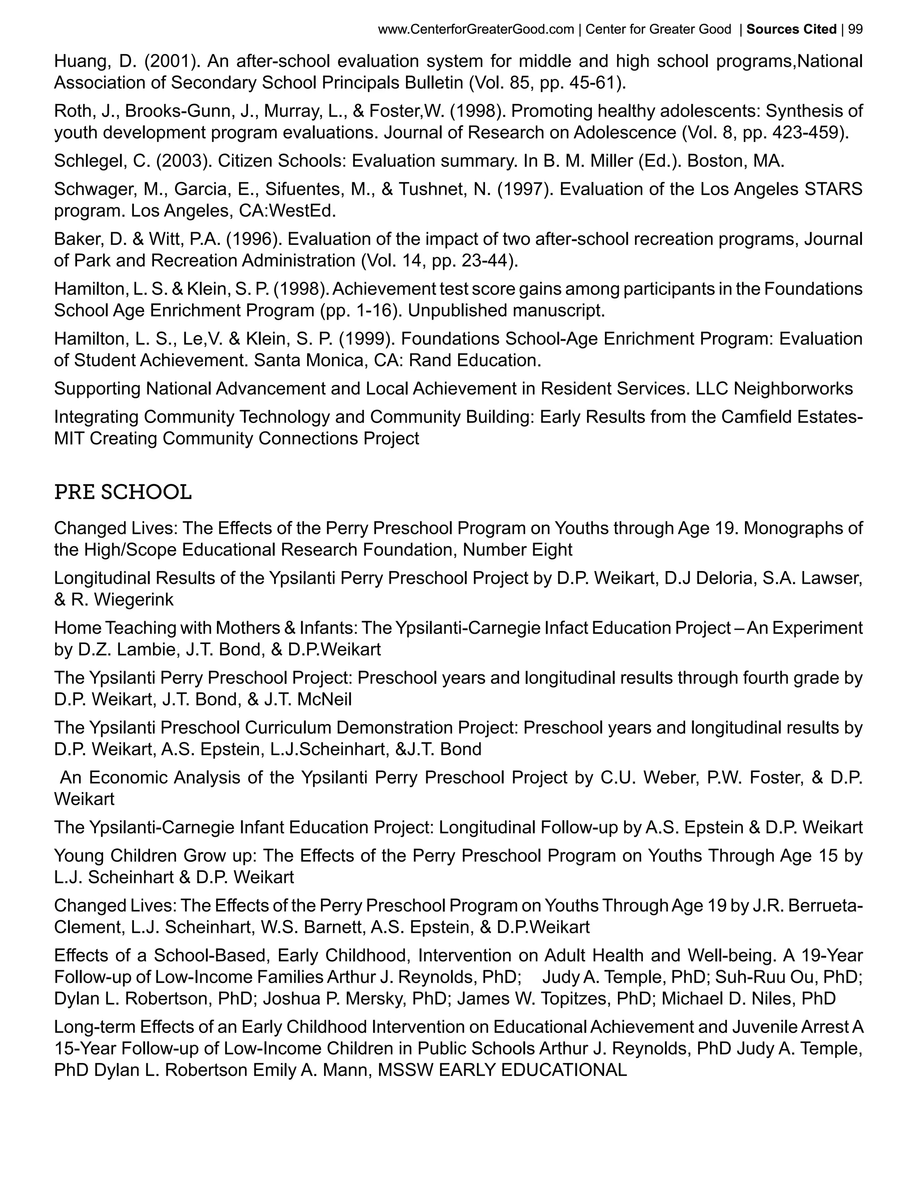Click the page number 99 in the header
855,30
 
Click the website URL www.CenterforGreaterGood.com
476,30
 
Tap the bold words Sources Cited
791,30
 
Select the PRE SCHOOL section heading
123,493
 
